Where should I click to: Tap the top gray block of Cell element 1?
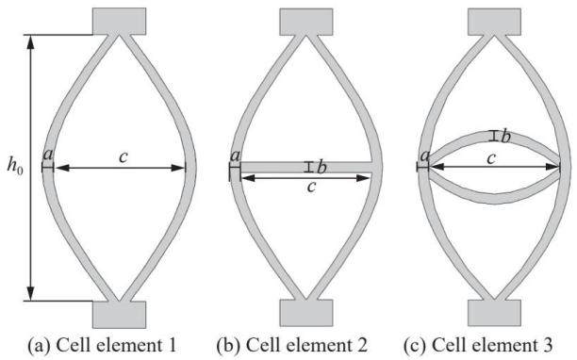tap(119, 22)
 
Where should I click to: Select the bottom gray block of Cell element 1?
tap(119, 315)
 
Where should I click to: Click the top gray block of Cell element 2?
tap(306, 22)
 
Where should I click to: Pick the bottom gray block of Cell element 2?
tap(306, 313)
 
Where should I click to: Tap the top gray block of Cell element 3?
tap(494, 22)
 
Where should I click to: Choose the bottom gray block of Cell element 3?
tap(494, 313)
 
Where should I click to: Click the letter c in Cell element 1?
tap(124, 157)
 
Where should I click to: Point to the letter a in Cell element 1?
tap(48, 155)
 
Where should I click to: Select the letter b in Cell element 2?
tap(321, 168)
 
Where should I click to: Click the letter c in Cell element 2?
tap(311, 187)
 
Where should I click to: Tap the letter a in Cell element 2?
tap(235, 155)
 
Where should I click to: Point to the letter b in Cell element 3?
tap(506, 137)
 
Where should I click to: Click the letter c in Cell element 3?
tap(491, 159)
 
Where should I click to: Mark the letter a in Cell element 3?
tap(425, 155)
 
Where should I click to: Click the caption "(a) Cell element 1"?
tap(103, 345)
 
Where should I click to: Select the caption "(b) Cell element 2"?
tap(292, 345)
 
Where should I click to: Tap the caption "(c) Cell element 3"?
tap(478, 345)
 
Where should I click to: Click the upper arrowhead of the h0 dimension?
tap(30, 41)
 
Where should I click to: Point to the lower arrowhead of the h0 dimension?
tap(30, 294)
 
